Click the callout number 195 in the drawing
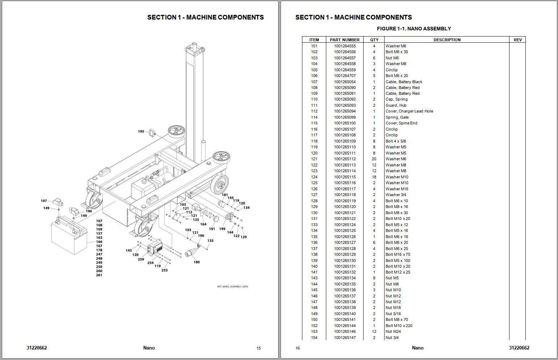[x=141, y=132]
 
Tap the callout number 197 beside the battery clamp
[x=44, y=201]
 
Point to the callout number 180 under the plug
[x=197, y=262]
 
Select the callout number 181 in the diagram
[x=225, y=195]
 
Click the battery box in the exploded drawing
[x=69, y=237]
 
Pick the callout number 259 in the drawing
[x=141, y=259]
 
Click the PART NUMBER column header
[x=344, y=40]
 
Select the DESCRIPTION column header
[x=447, y=40]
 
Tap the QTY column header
[x=374, y=40]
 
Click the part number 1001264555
[x=345, y=46]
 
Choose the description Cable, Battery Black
[x=404, y=82]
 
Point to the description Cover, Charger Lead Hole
[x=409, y=111]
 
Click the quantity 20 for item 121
[x=374, y=159]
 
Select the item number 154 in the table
[x=314, y=338]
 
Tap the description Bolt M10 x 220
[x=399, y=326]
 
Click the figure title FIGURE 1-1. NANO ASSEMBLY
[x=414, y=29]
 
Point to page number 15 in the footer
[x=259, y=348]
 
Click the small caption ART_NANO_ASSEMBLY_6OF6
[x=232, y=287]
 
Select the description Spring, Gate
[x=397, y=117]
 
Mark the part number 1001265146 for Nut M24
[x=345, y=331]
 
